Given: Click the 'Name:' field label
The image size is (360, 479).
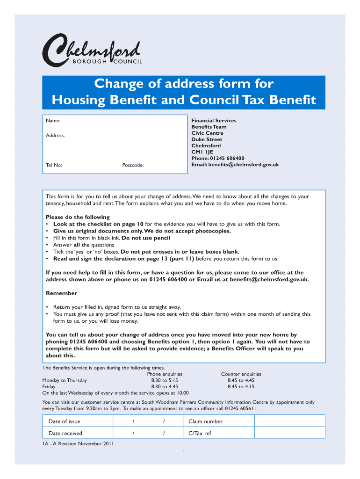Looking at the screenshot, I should (x=53, y=121).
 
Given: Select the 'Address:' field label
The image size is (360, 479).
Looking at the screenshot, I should (x=55, y=136).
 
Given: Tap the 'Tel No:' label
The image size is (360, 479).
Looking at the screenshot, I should (x=54, y=165).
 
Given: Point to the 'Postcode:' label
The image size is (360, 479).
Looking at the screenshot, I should (x=133, y=165).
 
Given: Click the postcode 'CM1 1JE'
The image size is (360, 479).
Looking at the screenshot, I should (x=202, y=152).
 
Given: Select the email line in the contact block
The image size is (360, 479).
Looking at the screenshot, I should (x=235, y=165).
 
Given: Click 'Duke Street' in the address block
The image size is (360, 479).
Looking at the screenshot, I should (x=207, y=139).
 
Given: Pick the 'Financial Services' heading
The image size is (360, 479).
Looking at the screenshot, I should (x=214, y=121).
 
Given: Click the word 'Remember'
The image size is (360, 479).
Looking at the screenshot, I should (x=61, y=293).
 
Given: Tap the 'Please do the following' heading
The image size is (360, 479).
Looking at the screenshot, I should (x=78, y=217).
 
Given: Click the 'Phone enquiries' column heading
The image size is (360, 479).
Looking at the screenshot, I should (x=165, y=374).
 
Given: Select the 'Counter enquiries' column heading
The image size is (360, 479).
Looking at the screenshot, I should (x=241, y=374).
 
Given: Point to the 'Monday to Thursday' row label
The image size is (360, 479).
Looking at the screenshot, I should (x=65, y=381).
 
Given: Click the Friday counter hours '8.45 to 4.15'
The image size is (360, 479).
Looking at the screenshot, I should (x=241, y=387).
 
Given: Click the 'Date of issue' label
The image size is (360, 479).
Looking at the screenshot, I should (x=65, y=421).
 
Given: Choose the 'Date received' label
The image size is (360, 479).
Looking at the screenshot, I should (x=65, y=434).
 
